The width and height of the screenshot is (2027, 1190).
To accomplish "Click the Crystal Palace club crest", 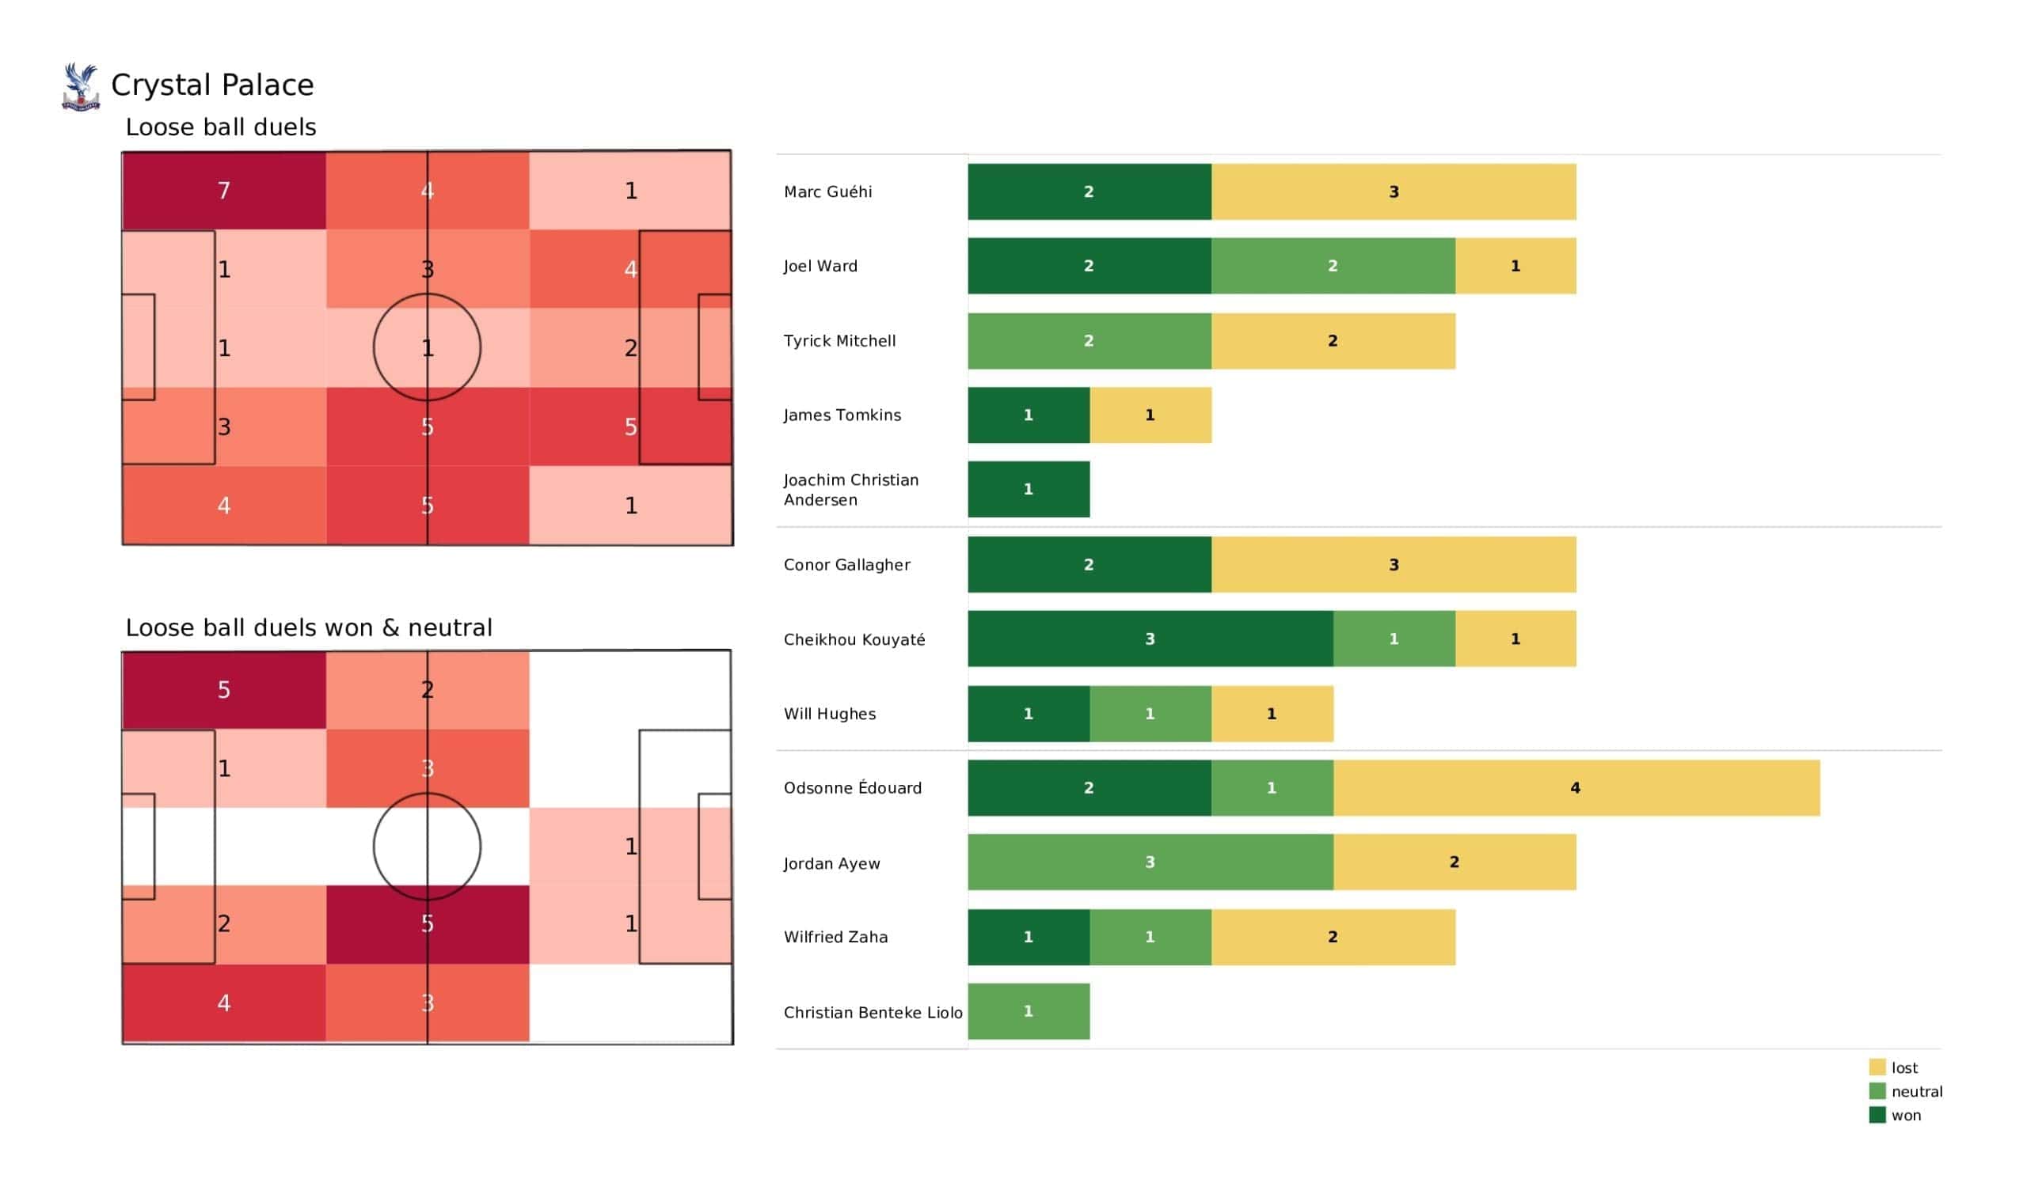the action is point(81,87).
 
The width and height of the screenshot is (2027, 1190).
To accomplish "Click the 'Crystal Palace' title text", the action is point(212,85).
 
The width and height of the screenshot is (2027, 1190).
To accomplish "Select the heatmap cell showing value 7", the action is point(224,191).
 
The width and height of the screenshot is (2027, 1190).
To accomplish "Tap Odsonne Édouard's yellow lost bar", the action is point(1576,788).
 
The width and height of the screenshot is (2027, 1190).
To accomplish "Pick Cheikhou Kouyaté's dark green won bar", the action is point(1150,639).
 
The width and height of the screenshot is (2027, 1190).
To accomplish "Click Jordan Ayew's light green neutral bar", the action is point(1150,862).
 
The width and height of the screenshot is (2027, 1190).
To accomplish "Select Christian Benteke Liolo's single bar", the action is point(1029,1011).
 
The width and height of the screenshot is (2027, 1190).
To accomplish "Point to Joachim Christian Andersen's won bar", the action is point(1029,490).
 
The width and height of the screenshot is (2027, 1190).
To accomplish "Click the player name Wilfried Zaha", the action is point(835,938).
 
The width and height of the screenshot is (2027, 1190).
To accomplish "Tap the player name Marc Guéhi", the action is point(827,192).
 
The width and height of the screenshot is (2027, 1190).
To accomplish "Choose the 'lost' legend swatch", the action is point(1877,1068).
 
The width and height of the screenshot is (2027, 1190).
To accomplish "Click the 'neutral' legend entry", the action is point(1906,1092).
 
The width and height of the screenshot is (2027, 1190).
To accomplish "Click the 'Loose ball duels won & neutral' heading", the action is point(309,628).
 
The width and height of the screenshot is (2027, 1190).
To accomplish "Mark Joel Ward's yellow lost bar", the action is point(1515,266).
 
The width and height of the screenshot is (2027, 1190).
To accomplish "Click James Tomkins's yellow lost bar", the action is point(1150,415).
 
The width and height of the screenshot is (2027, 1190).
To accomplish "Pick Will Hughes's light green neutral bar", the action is point(1150,714).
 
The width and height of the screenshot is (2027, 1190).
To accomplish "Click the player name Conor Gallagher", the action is point(847,565).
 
